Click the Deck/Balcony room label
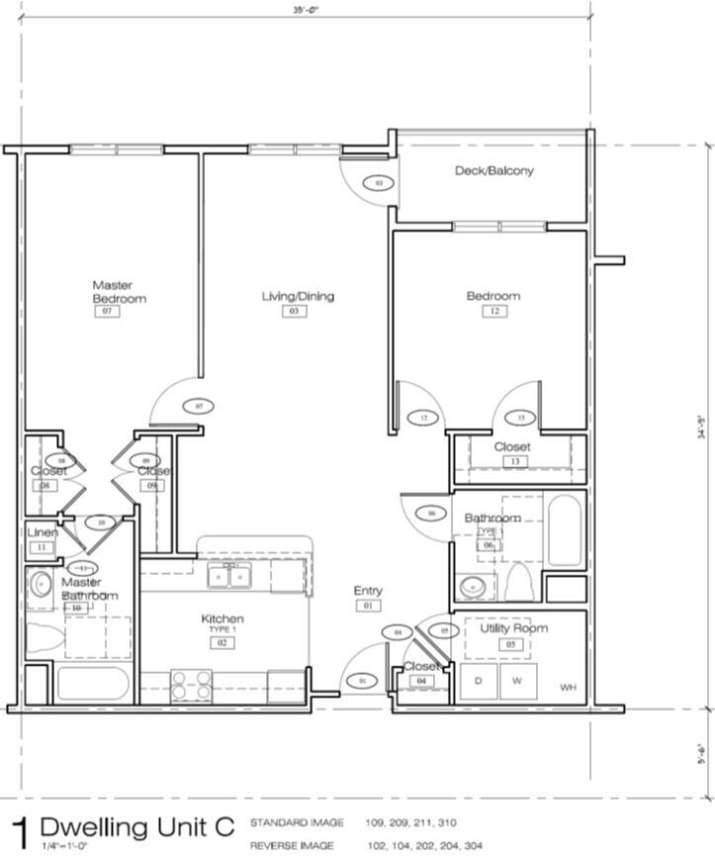coord(493,170)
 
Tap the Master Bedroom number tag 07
coord(106,311)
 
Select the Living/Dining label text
coord(297,296)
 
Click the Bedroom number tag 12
coord(492,311)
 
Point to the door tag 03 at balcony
coord(377,182)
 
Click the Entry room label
coord(368,591)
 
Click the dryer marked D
coord(479,681)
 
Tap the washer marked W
coord(515,681)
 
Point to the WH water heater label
coord(567,687)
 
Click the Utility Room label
coord(513,628)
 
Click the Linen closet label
coord(42,532)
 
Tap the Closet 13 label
coord(512,447)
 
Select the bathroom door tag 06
coord(431,513)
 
